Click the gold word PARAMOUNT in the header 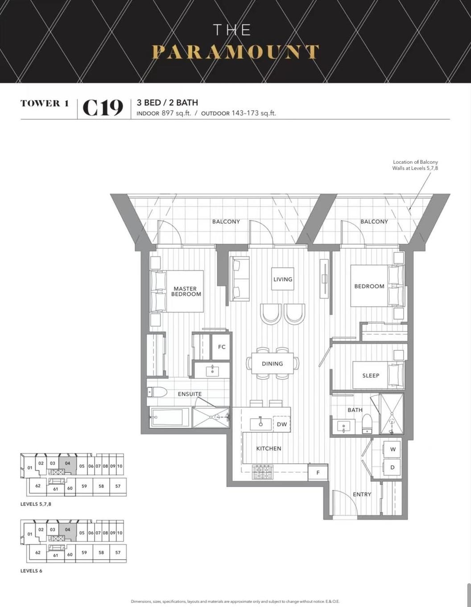(235, 52)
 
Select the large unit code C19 (103, 108)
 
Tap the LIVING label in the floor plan (283, 279)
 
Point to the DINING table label (272, 364)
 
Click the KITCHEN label (269, 449)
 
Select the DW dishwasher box (282, 424)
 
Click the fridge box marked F (318, 472)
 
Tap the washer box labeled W (392, 449)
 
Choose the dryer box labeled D (392, 467)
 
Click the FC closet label (222, 347)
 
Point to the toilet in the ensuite (157, 392)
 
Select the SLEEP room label (371, 375)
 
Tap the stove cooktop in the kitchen (262, 471)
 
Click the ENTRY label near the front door (362, 494)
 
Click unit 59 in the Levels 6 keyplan (84, 552)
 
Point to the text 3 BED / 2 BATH (167, 103)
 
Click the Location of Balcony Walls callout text (415, 165)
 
